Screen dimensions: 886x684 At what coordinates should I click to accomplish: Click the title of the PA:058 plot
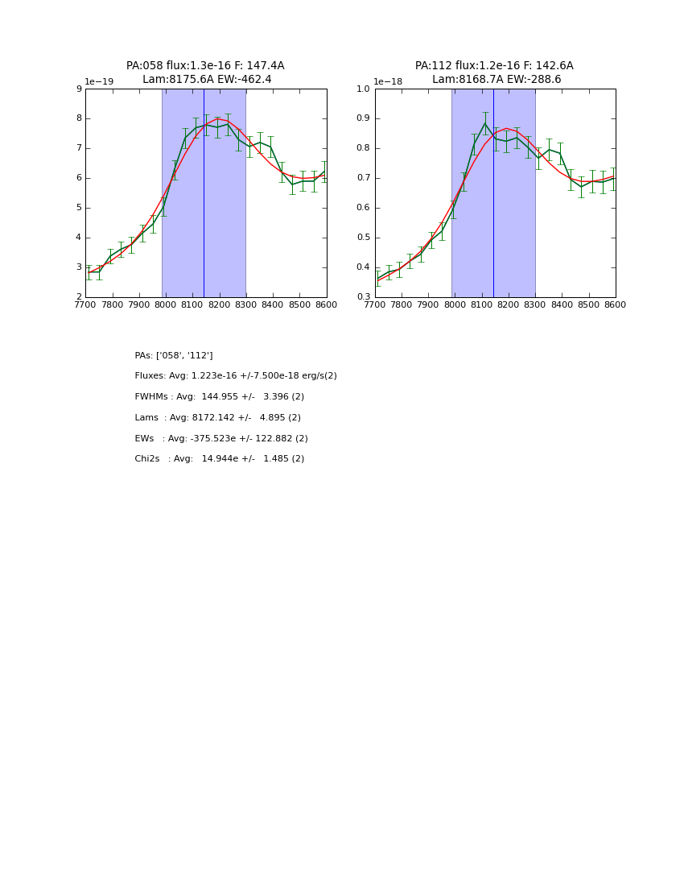(x=205, y=72)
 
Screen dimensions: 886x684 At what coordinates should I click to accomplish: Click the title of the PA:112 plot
(x=494, y=72)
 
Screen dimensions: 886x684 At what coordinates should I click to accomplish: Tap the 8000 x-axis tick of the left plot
(x=166, y=305)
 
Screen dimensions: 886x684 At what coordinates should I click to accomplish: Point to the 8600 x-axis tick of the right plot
(x=616, y=305)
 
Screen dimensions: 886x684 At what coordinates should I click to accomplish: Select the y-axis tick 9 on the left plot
(x=79, y=89)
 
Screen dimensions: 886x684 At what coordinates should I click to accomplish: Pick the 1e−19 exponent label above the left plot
(x=99, y=82)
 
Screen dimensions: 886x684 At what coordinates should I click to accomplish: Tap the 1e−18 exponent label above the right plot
(x=388, y=82)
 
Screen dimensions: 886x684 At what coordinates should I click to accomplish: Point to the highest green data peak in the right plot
(x=485, y=123)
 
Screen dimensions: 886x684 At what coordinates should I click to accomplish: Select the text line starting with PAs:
(x=174, y=355)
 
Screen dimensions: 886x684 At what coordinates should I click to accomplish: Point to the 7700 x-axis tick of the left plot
(x=85, y=305)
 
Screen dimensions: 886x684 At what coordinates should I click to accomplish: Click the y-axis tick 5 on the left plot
(x=79, y=208)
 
